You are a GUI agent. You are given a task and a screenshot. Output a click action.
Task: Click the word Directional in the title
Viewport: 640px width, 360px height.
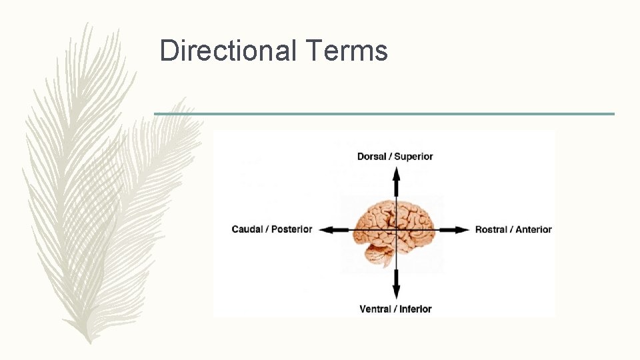point(227,51)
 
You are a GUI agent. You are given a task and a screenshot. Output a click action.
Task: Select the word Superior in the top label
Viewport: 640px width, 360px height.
point(413,157)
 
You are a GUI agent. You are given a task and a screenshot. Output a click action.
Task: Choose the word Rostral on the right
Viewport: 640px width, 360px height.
point(492,229)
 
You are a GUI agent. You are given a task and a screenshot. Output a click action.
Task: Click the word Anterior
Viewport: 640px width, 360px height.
point(533,229)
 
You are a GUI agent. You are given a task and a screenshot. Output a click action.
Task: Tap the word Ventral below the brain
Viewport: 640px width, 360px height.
point(375,309)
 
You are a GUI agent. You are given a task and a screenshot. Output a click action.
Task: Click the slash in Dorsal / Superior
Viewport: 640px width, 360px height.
point(391,157)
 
